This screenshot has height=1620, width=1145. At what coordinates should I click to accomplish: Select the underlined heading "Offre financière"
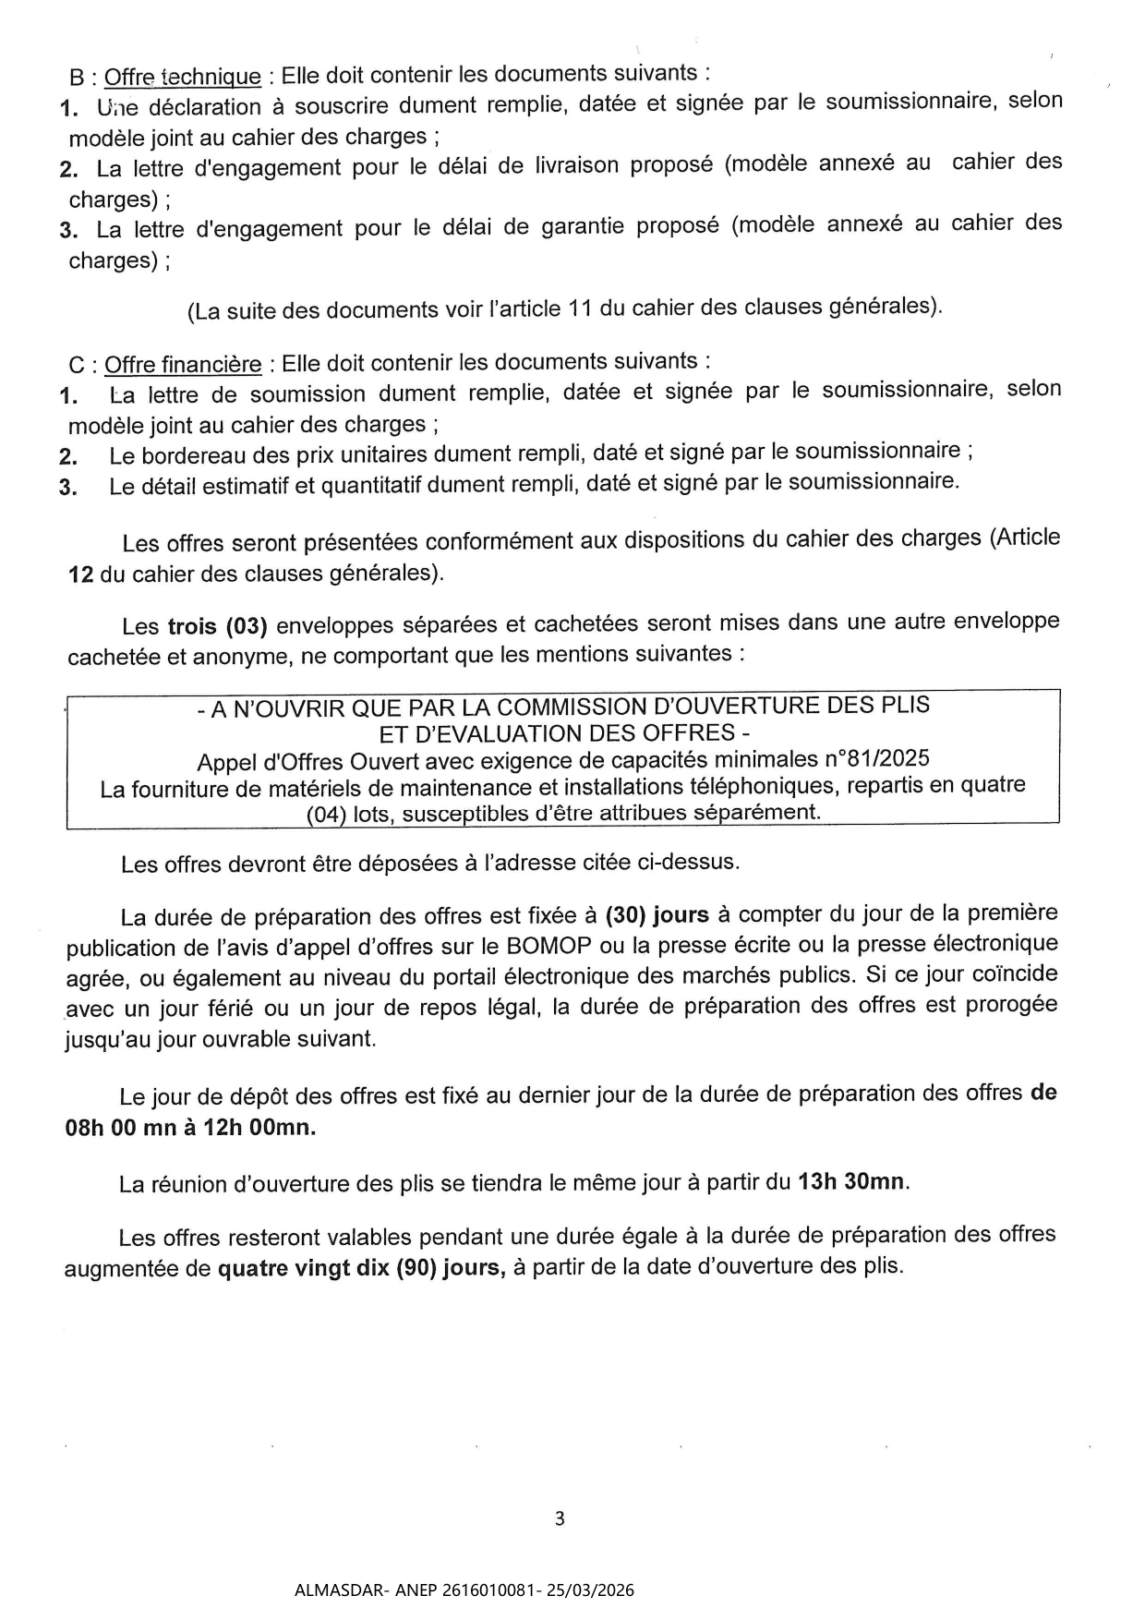point(183,364)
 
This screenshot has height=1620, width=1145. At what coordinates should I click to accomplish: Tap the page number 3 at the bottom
point(559,1518)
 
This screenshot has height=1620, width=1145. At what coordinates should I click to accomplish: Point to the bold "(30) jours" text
point(657,915)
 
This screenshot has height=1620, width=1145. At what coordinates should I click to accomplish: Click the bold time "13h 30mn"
point(851,1181)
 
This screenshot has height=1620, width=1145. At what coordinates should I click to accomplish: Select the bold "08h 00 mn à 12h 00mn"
point(190,1128)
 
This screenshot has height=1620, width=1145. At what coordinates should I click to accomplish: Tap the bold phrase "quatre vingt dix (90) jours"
point(361,1267)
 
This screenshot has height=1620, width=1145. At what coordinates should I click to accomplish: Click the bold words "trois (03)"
point(217,626)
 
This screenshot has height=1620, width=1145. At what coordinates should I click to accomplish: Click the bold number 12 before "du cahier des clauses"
point(81,574)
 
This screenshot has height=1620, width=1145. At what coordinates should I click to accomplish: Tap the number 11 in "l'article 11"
point(580,308)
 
